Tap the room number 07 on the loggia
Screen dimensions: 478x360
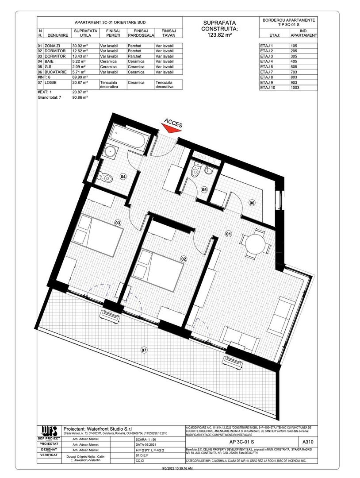(x=144, y=350)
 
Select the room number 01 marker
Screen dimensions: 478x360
(x=229, y=233)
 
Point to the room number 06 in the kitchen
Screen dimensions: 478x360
(x=252, y=203)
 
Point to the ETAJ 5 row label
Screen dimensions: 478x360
(x=266, y=67)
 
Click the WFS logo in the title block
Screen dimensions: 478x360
(x=49, y=430)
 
